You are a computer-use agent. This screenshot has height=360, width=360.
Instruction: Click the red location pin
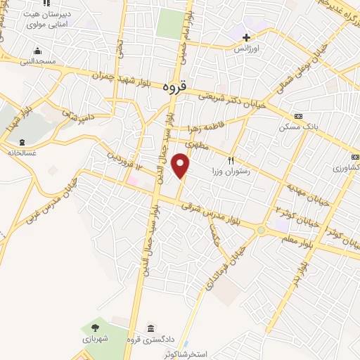tap(181, 165)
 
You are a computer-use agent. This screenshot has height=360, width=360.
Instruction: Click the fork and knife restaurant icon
tap(231, 160)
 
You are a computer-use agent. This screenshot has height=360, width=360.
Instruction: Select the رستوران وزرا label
tap(231, 171)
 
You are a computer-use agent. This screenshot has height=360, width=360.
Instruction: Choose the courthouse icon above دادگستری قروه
tap(151, 328)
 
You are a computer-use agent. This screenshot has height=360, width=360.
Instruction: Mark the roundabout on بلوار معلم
tap(262, 230)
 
